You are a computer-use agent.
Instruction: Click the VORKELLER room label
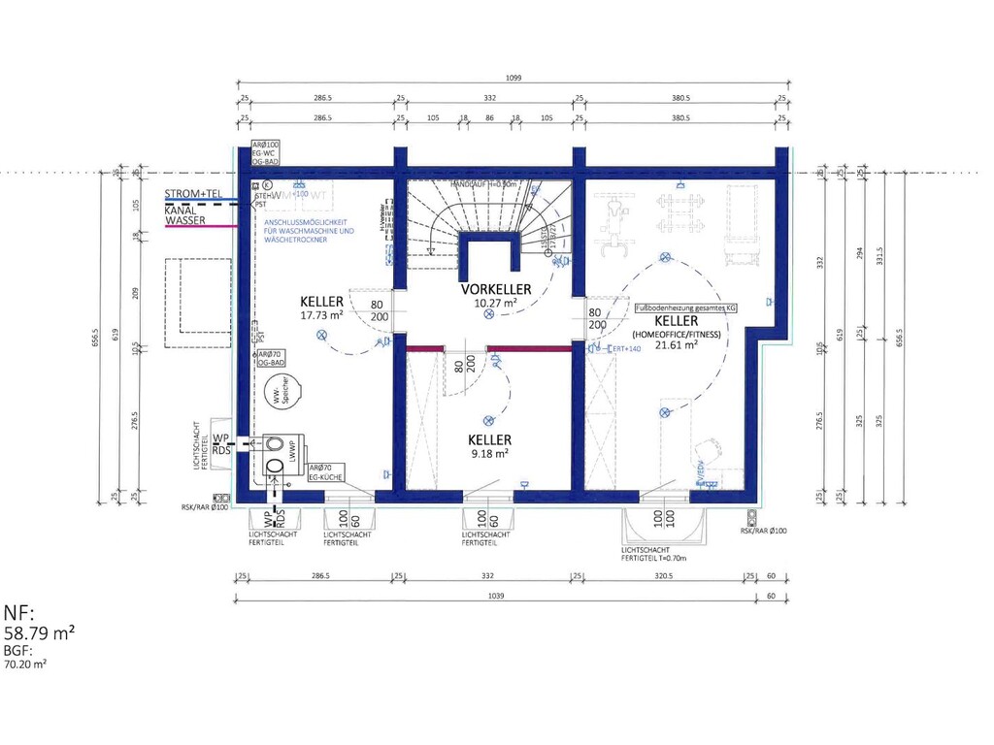(495, 289)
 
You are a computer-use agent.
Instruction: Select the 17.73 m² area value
(322, 315)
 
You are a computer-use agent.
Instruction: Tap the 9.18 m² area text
(488, 453)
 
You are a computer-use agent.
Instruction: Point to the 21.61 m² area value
(676, 345)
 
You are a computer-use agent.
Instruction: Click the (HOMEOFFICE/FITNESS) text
(676, 334)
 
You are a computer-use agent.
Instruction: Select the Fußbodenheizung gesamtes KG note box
(685, 308)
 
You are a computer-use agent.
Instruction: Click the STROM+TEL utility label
(193, 194)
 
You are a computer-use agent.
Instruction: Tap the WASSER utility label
(184, 221)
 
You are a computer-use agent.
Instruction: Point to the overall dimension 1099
(513, 79)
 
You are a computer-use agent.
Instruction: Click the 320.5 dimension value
(665, 575)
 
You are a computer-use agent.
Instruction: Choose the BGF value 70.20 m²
(25, 665)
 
